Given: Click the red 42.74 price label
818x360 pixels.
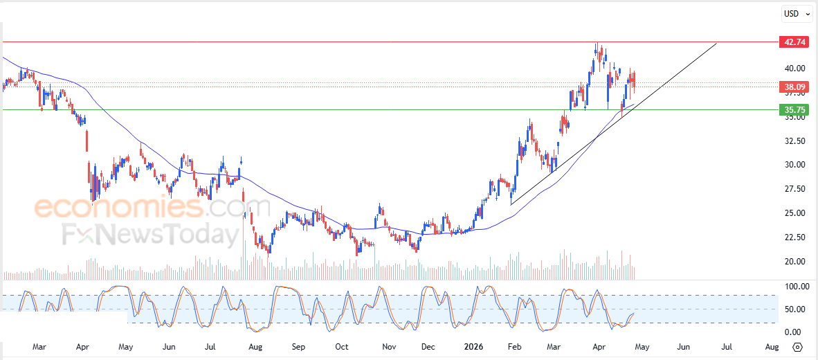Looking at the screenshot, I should coord(792,42).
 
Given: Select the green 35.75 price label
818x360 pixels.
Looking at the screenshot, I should coord(792,109).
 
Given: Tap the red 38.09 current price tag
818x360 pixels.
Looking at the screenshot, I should coord(792,87).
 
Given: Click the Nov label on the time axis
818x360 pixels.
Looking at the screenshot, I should coord(389,346).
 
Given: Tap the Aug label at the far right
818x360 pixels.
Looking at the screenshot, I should coord(772,346).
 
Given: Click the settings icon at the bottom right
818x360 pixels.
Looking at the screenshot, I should coord(797,347).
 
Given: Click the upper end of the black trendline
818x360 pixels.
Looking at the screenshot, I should coord(716,43).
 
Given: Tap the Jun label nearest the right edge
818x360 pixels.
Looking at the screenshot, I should coord(683,346).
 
